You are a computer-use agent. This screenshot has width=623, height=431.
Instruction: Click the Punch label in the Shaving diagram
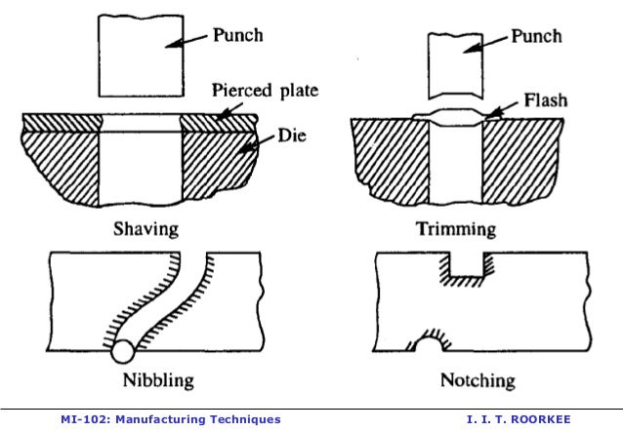click(x=238, y=35)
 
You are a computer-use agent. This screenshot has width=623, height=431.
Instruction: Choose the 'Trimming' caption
click(x=457, y=230)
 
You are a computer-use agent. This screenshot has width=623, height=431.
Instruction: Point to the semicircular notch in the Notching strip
click(x=427, y=341)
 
